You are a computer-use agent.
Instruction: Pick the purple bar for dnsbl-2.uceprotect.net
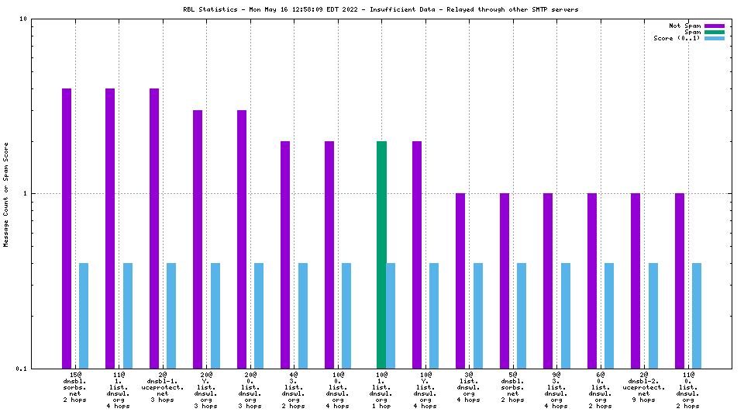[x=635, y=280]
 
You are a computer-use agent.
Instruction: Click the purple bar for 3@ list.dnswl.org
[x=460, y=280]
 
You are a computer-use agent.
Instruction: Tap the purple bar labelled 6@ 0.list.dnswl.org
[x=592, y=280]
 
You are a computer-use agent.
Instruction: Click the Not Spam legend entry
[x=714, y=26]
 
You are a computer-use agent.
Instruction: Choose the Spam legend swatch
[x=714, y=32]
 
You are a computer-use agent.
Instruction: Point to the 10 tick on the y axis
[x=23, y=19]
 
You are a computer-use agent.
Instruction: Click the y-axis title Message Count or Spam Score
[x=6, y=194]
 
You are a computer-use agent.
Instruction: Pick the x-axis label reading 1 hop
[x=381, y=405]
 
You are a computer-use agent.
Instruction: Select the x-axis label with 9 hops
[x=644, y=400]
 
